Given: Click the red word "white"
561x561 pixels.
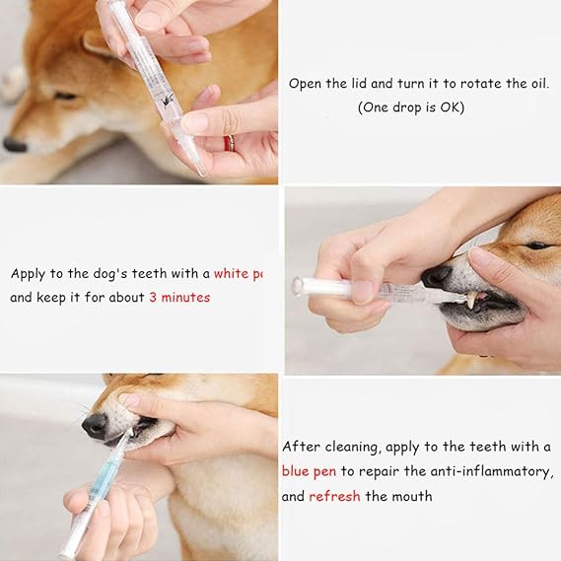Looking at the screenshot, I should click(x=233, y=273).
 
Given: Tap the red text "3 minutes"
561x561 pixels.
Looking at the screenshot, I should click(x=179, y=297).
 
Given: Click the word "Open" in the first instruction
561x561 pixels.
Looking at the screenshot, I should click(x=305, y=84).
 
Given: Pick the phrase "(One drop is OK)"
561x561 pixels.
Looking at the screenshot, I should click(x=410, y=107).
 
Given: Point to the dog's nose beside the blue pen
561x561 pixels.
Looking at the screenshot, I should click(x=95, y=425).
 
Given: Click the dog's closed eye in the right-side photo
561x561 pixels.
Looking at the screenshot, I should click(x=537, y=245).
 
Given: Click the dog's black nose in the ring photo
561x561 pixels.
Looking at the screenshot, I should click(x=14, y=144).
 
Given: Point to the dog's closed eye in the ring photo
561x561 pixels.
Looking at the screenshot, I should click(x=65, y=96).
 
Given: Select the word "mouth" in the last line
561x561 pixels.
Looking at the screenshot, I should click(x=413, y=496).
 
